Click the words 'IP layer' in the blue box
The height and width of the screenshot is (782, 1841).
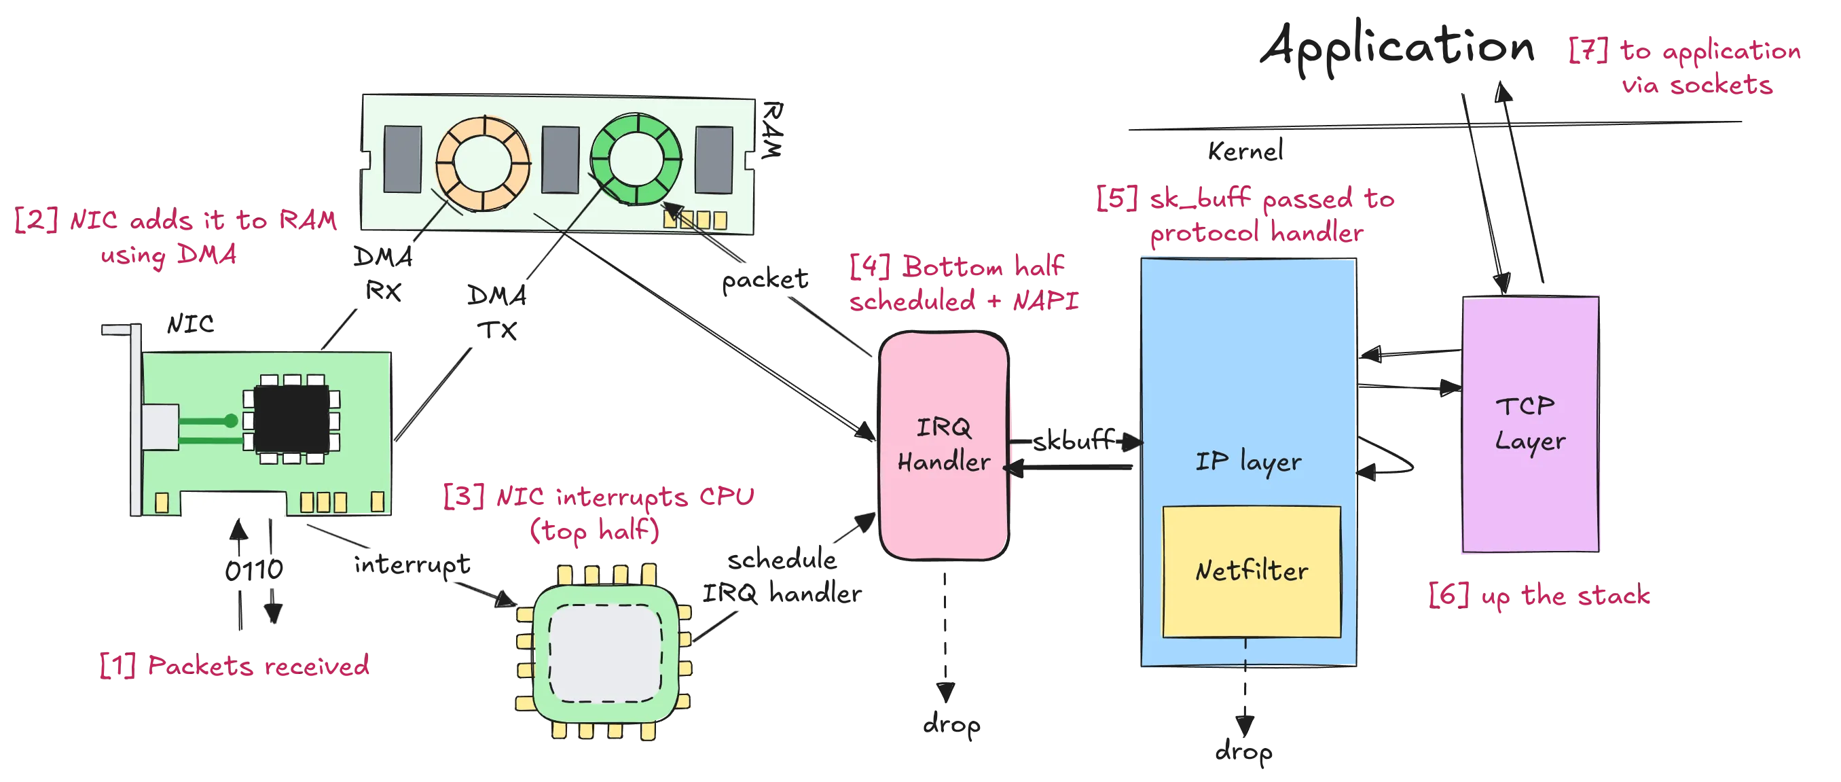(1248, 462)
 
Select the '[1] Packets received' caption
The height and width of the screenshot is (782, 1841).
(234, 667)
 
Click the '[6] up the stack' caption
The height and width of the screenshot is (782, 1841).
(1539, 595)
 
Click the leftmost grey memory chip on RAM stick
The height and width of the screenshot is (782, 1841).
(403, 159)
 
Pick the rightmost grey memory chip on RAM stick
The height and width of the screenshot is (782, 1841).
(714, 159)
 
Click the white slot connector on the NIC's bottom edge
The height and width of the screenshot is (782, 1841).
(233, 505)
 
